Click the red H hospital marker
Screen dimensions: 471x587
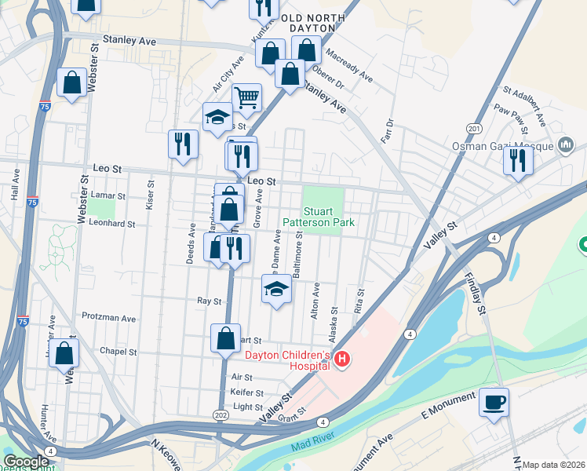coord(342,360)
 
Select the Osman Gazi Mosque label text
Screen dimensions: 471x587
coord(502,146)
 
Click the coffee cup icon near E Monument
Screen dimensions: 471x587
coord(494,403)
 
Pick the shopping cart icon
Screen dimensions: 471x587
coord(246,97)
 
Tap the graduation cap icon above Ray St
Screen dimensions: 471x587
coord(275,289)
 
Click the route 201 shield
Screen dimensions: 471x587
coord(473,128)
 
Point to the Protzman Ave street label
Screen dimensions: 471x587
coord(108,317)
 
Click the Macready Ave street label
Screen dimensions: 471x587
coord(354,65)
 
